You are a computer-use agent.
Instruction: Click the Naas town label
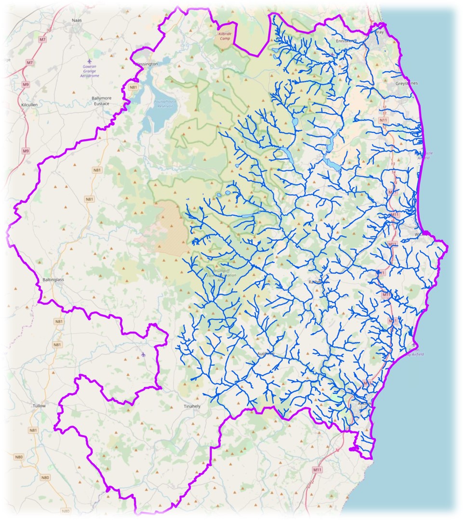77,20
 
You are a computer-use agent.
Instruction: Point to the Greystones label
406,83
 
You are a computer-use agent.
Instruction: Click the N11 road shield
383,119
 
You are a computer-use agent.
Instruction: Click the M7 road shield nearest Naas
42,39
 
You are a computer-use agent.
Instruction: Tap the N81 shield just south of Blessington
133,87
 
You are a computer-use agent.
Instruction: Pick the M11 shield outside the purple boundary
317,469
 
